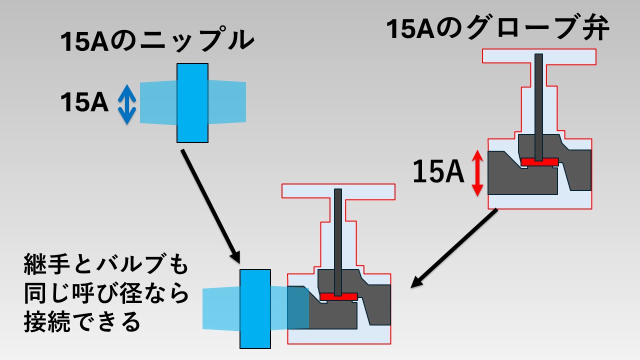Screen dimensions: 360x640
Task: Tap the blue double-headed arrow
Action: tap(127, 104)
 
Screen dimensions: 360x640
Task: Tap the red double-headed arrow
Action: tap(477, 173)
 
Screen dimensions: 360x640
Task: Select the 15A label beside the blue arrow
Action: tap(84, 103)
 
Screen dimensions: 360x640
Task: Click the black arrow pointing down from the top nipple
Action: tap(209, 204)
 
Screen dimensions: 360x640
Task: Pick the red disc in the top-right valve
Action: tap(539, 162)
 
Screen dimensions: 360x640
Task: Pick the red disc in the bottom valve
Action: tap(338, 296)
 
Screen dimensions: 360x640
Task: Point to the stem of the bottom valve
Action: tap(338, 240)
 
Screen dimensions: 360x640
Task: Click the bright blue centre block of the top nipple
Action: tap(192, 102)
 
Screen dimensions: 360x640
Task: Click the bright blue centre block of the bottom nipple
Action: tap(255, 308)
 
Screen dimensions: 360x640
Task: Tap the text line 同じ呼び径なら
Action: tap(106, 294)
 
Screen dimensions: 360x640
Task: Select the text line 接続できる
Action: tap(82, 322)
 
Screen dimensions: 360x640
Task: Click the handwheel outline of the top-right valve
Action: tap(538, 56)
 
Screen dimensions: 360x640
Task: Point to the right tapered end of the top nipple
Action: tap(227, 102)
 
